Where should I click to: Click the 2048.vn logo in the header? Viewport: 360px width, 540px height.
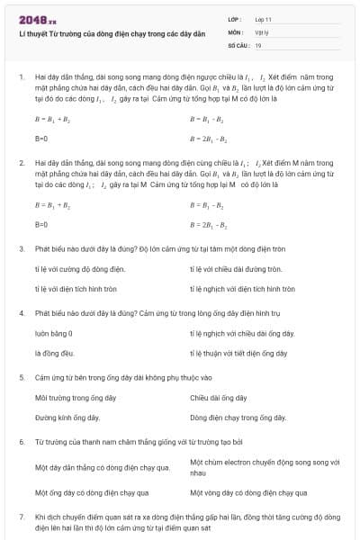37,19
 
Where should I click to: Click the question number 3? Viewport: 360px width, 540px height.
21,247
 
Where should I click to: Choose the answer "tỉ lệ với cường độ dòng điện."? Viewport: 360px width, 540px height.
79,268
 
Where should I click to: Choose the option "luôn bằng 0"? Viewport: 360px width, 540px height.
53,333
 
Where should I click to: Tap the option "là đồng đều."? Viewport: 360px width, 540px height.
54,353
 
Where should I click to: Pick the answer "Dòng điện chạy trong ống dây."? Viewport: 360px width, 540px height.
238,418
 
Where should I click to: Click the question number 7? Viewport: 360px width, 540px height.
21,517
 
